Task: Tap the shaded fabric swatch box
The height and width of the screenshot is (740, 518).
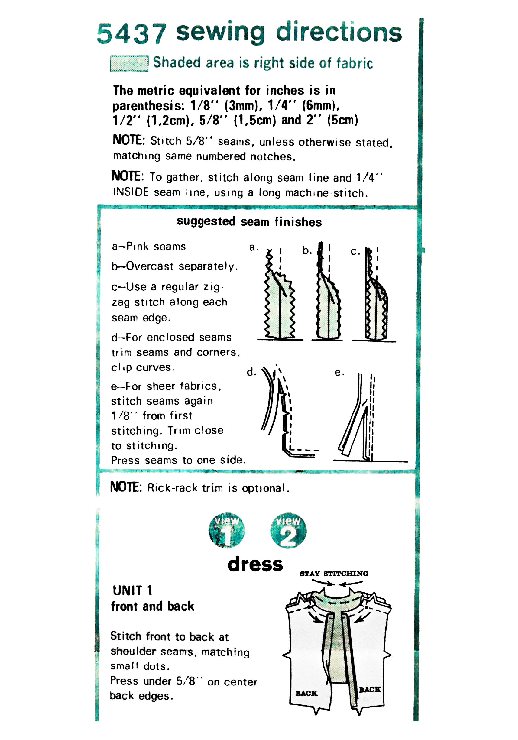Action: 129,63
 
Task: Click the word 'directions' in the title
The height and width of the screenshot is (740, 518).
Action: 338,32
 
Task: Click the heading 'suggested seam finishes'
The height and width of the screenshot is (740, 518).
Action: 249,222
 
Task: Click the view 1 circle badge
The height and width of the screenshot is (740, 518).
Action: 227,530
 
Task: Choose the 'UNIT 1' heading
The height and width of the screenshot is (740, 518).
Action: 132,591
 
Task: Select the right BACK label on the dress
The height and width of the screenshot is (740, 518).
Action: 370,689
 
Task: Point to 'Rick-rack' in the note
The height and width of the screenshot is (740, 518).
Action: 172,488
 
